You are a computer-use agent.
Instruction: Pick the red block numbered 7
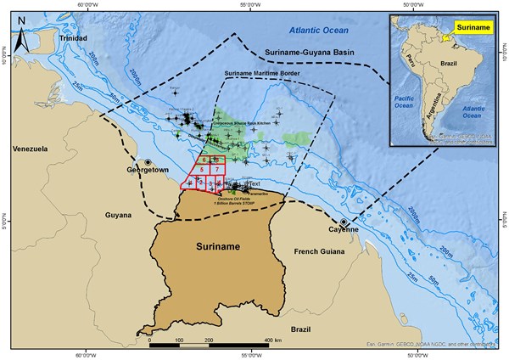coord(218,171)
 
